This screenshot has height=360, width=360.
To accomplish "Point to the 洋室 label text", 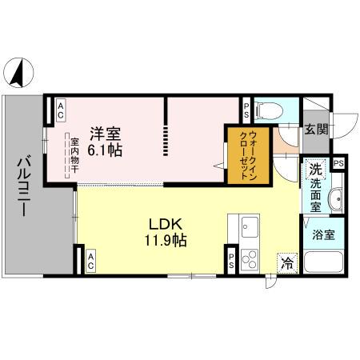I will [x=104, y=134].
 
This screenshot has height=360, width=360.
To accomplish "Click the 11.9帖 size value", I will [x=166, y=240].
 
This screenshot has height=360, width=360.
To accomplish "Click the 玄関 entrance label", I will [x=314, y=130].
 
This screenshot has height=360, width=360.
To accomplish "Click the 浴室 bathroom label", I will [x=323, y=235].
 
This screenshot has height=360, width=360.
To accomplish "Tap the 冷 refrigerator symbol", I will [x=286, y=262].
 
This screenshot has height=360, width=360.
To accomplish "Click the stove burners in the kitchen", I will [x=249, y=258].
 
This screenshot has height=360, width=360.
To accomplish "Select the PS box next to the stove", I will [x=230, y=258].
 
